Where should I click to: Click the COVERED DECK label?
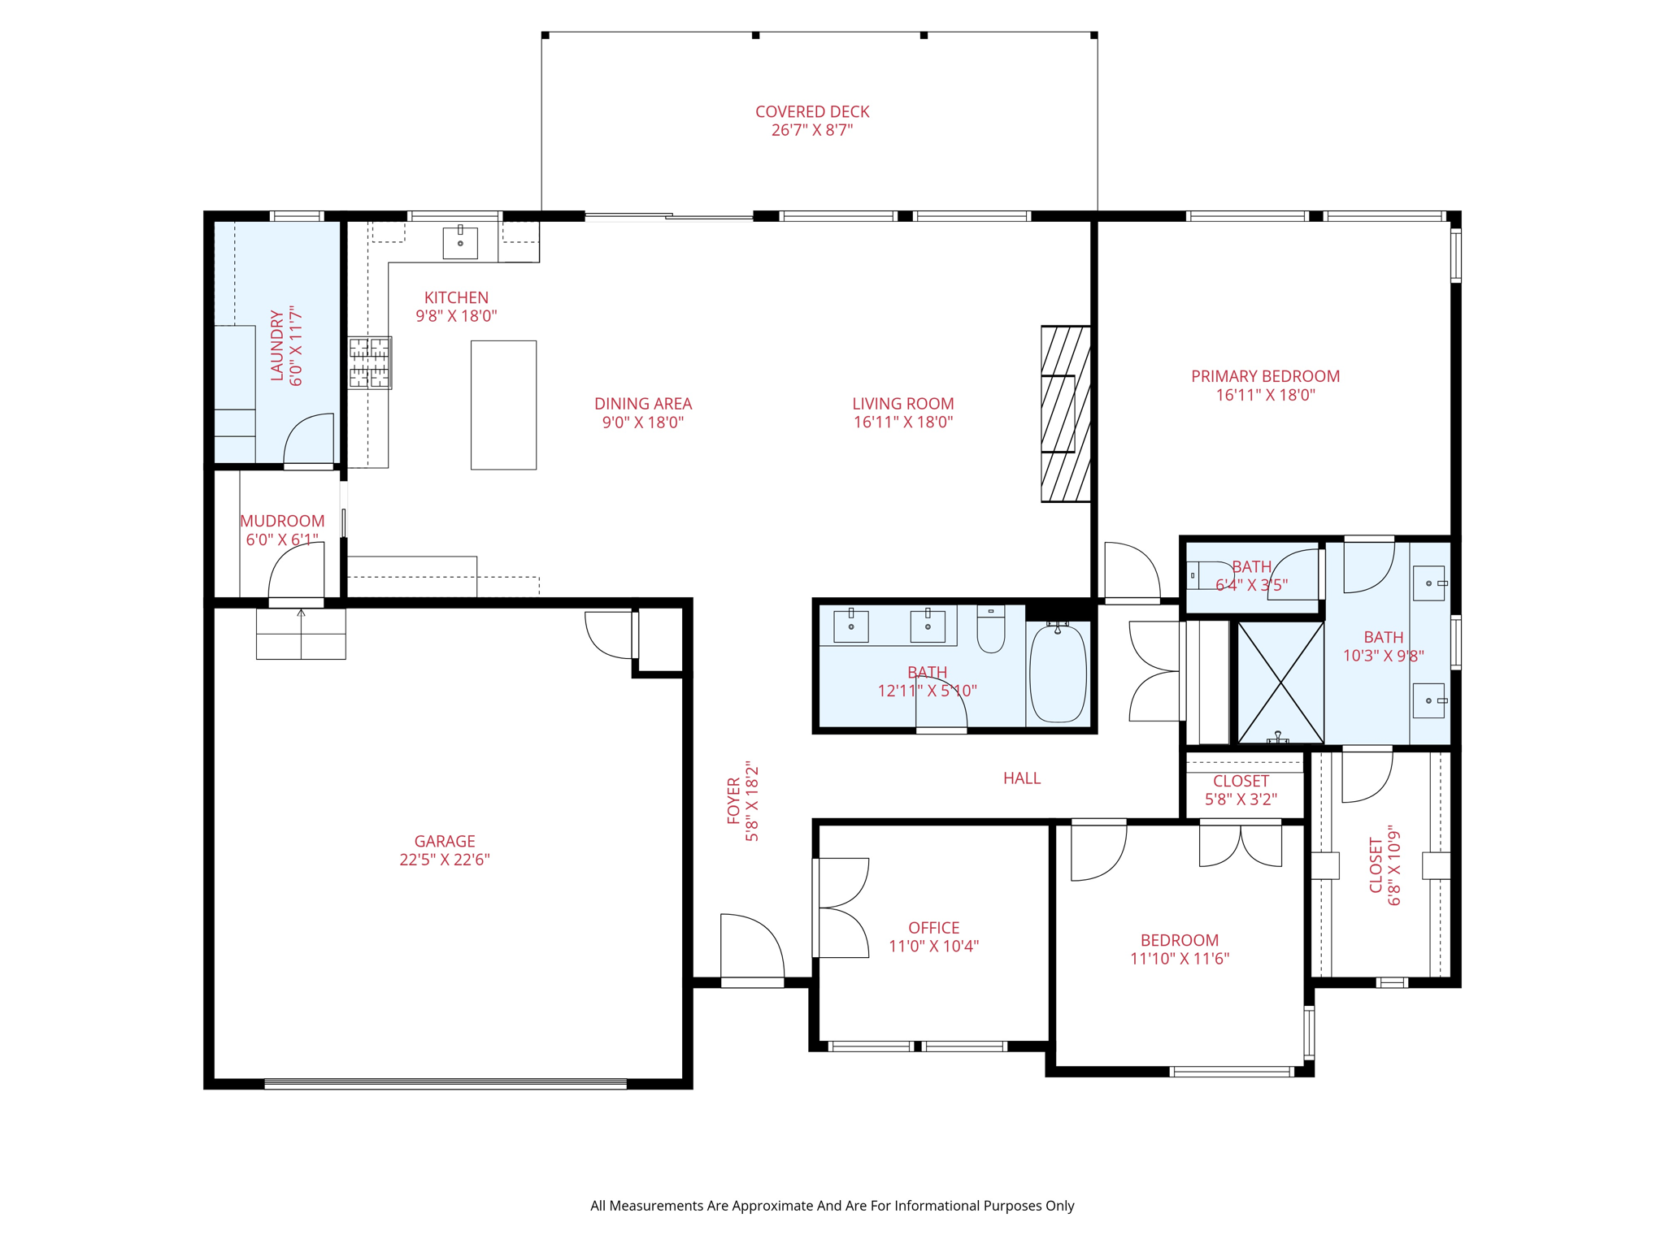811,111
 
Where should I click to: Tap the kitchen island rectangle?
503,405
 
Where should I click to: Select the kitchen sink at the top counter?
460,242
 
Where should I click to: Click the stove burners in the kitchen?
370,362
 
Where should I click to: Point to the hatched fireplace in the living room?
1065,414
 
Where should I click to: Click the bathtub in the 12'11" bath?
1058,674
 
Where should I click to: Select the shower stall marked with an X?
1280,682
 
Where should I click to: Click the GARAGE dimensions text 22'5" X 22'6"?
444,860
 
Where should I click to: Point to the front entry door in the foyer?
753,949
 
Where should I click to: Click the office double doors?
842,908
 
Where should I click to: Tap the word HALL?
1021,778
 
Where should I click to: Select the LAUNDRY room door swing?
310,440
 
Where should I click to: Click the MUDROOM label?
282,521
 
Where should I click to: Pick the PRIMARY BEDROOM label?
1265,376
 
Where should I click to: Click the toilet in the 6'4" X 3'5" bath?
1211,574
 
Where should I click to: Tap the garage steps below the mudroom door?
301,634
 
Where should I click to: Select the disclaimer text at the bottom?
832,1206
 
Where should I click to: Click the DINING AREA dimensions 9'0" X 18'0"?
642,422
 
